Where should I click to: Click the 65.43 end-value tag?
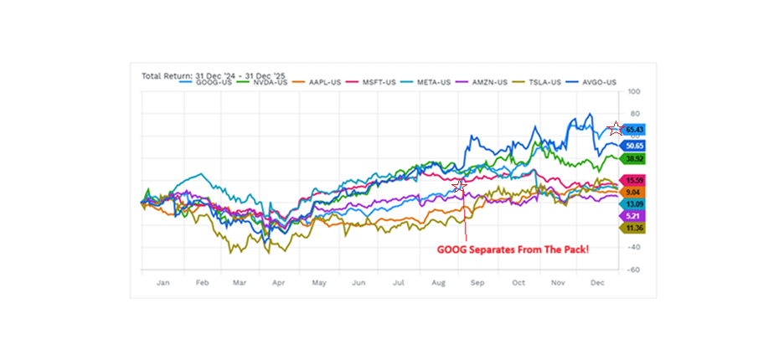click(x=633, y=130)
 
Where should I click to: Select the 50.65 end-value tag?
click(x=632, y=144)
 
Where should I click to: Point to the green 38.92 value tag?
click(x=632, y=157)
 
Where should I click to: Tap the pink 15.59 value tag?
click(x=632, y=180)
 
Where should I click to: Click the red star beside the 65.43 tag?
click(x=616, y=128)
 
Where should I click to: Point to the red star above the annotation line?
click(x=459, y=185)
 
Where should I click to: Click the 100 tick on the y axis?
click(x=634, y=90)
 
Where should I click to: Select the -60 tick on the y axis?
click(x=633, y=270)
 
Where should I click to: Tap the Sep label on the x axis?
click(x=478, y=283)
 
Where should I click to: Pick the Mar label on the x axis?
click(x=240, y=283)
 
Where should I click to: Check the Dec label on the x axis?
click(x=597, y=283)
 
